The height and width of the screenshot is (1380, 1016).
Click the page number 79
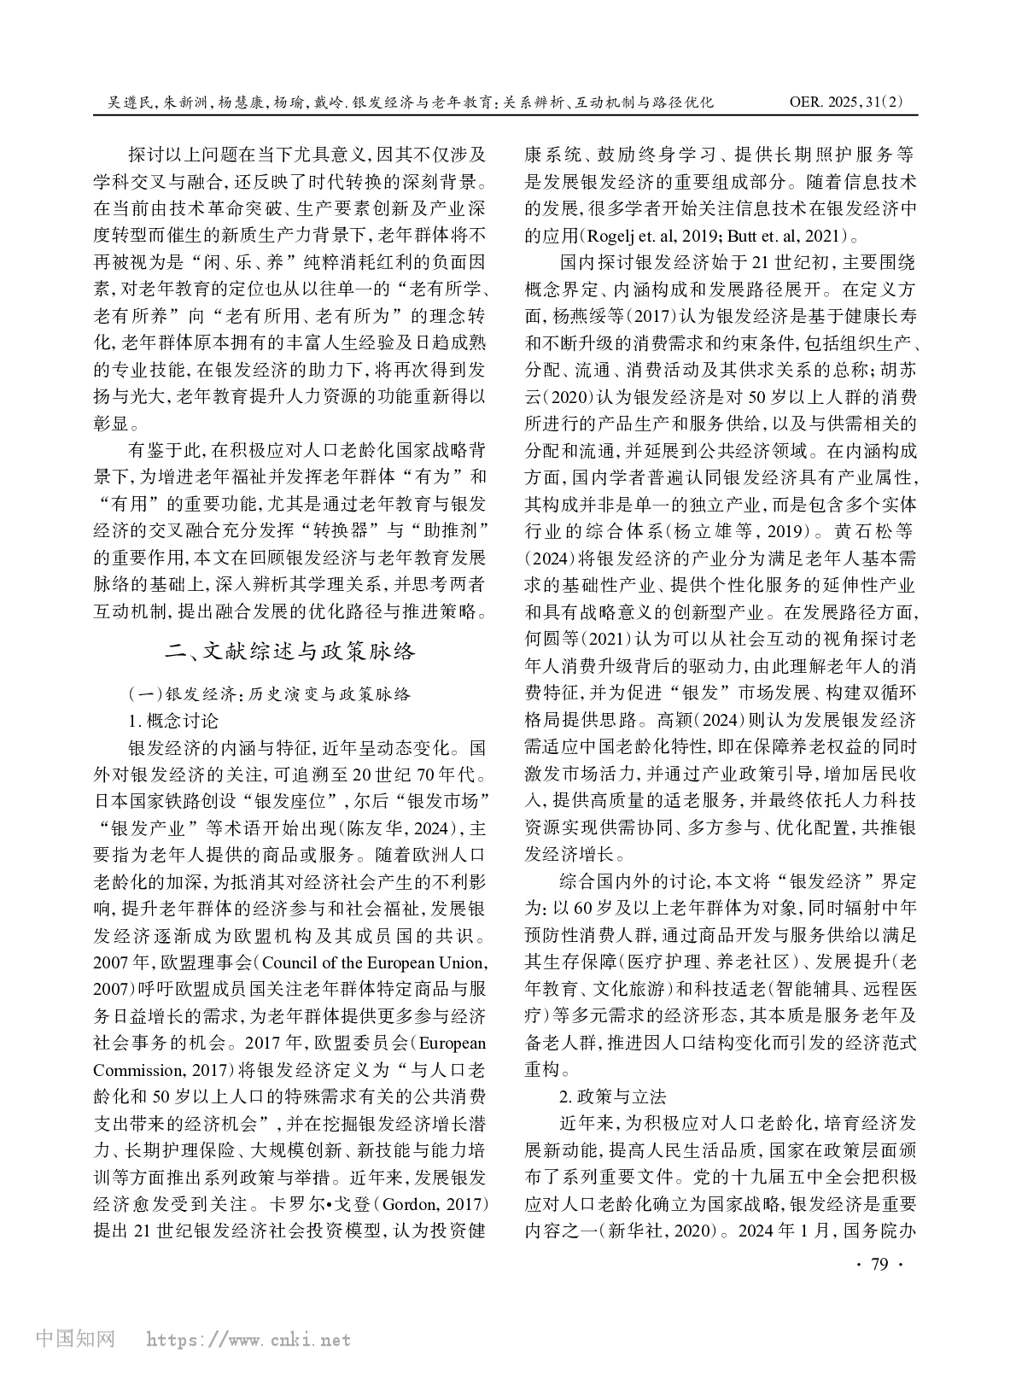tap(879, 1264)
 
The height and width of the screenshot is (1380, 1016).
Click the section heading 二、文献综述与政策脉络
tap(291, 652)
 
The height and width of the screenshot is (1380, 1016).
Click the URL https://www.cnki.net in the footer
tap(248, 1340)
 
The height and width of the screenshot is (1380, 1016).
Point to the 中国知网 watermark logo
tap(75, 1338)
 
